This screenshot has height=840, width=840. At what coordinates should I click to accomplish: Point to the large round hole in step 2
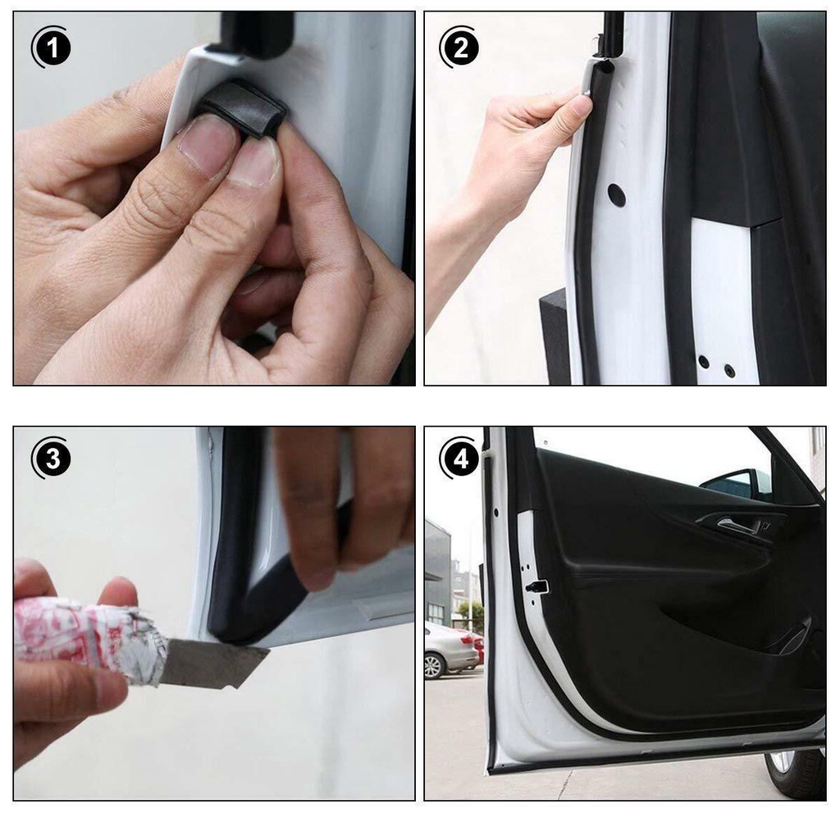[x=616, y=195]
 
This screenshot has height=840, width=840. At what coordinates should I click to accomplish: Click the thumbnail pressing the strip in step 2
[x=582, y=105]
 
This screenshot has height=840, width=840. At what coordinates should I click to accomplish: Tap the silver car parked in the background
[x=447, y=648]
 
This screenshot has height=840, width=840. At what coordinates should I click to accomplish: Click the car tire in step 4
[x=796, y=771]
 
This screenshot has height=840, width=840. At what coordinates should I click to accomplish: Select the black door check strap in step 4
[x=537, y=587]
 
